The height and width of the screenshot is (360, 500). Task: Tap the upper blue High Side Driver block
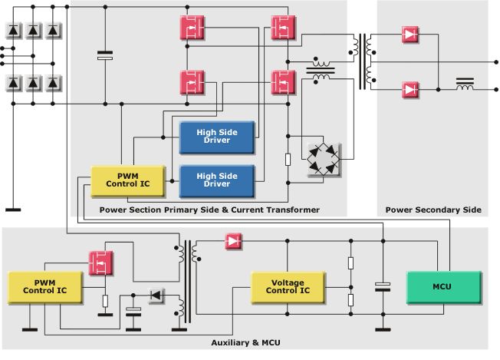(x=217, y=137)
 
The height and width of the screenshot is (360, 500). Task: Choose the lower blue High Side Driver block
(x=217, y=180)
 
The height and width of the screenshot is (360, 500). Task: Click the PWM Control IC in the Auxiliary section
(x=38, y=286)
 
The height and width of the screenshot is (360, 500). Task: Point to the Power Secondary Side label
(x=433, y=210)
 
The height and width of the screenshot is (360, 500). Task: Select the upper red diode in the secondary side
(x=411, y=35)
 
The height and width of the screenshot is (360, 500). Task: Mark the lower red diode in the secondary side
(x=411, y=90)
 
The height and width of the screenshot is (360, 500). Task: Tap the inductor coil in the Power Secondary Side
(x=465, y=84)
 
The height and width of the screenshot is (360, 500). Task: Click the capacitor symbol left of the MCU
(x=382, y=287)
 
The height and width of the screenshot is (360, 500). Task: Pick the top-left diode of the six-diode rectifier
(x=14, y=31)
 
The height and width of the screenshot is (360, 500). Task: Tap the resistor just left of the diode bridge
(x=288, y=160)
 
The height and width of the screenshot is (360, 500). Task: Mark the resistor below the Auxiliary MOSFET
(x=104, y=301)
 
